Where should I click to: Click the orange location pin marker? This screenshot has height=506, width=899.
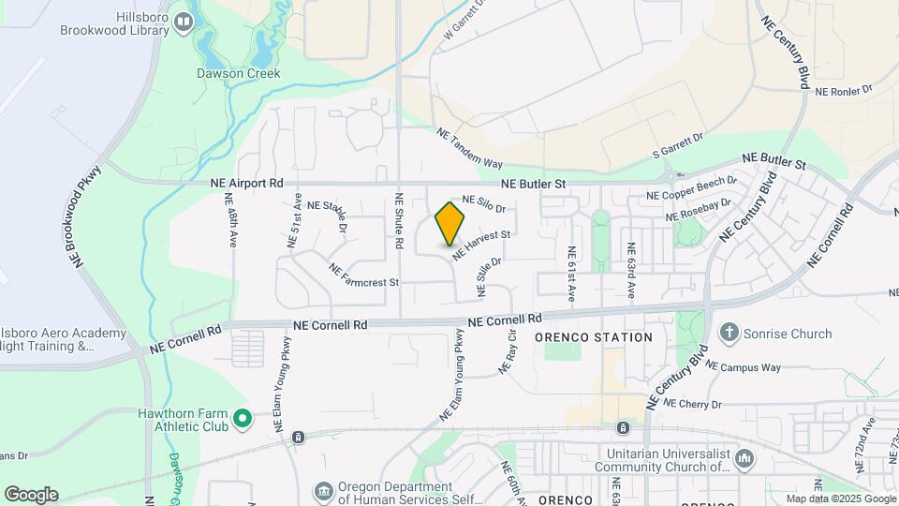(x=450, y=224)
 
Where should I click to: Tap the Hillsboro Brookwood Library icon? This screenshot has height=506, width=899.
(x=184, y=20)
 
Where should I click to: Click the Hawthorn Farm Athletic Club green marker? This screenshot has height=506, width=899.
(x=243, y=418)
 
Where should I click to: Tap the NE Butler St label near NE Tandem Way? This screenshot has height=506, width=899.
(x=533, y=185)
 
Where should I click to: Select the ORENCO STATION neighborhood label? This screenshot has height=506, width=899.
(x=594, y=337)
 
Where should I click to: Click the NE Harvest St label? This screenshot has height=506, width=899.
(x=481, y=246)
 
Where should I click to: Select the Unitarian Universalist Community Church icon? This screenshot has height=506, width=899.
(x=744, y=458)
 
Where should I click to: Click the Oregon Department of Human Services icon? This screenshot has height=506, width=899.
(x=323, y=490)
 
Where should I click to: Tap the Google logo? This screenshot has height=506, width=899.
(x=31, y=494)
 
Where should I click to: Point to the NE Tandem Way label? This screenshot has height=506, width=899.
(x=470, y=148)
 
